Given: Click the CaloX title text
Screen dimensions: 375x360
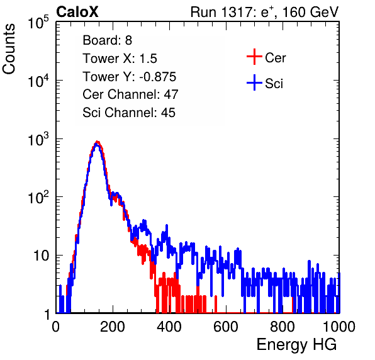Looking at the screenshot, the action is pos(77,12).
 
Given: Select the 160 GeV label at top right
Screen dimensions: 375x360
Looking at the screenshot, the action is pos(310,12).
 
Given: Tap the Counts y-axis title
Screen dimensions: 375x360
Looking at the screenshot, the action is pos(9,49).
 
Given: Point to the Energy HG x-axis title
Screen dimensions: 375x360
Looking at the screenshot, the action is pos(296,344).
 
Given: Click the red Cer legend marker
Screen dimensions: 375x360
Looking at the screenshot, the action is pos(254,57).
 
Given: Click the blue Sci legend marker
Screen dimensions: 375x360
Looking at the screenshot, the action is pos(254,82).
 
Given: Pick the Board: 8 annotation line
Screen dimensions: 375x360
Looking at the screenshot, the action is pos(107,40).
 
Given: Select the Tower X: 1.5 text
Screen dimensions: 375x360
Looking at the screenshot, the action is pos(120,59).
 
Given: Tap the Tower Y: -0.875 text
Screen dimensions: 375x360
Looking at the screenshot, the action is pos(130,77).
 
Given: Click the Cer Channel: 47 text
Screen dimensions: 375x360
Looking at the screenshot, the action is pos(130,94).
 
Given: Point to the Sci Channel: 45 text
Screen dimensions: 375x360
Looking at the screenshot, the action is pos(129,113).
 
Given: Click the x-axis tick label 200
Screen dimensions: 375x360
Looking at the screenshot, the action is pos(113,327).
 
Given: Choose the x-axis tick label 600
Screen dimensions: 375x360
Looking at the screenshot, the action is pos(226,327).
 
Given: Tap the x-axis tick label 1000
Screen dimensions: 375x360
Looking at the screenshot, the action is pos(339,327).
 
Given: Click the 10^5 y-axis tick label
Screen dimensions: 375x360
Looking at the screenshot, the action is pos(38,23).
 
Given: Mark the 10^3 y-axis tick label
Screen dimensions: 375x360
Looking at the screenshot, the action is pos(38,139).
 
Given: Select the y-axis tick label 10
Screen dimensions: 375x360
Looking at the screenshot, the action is pos(42,256).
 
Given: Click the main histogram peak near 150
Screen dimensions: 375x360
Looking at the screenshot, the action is pos(97,143).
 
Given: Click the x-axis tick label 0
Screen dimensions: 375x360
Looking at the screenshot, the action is pos(56,327).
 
